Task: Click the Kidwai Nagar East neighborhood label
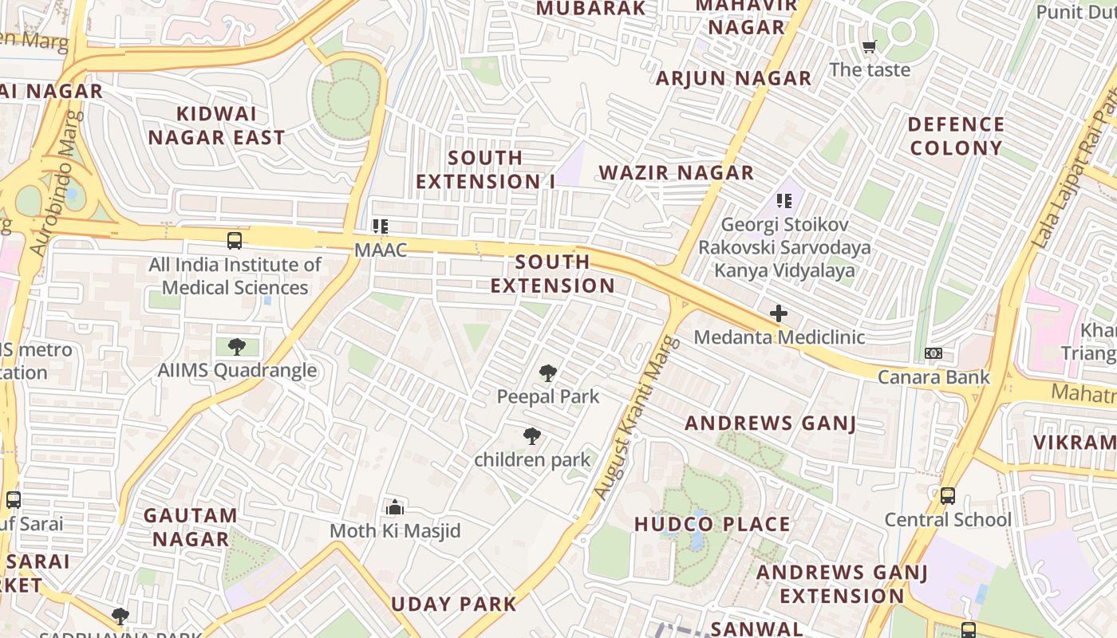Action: click(216, 126)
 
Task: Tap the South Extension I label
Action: click(485, 170)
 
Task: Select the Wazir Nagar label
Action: click(677, 173)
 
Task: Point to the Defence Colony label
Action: click(956, 136)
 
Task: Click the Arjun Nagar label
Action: click(733, 78)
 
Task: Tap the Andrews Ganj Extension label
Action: click(842, 584)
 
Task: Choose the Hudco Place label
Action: click(712, 525)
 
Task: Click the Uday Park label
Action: click(454, 605)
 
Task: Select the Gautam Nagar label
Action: click(191, 527)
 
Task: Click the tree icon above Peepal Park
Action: click(547, 372)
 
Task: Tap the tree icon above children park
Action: click(532, 436)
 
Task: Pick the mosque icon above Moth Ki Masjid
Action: click(395, 507)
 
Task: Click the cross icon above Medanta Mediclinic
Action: click(778, 313)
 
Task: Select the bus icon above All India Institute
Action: click(235, 241)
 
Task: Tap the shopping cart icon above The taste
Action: click(869, 46)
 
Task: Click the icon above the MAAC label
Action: click(381, 226)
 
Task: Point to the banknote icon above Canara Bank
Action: click(933, 353)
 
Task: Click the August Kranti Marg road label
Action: click(637, 418)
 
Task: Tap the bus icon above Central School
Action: click(947, 496)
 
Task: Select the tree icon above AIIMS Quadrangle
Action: click(236, 347)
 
